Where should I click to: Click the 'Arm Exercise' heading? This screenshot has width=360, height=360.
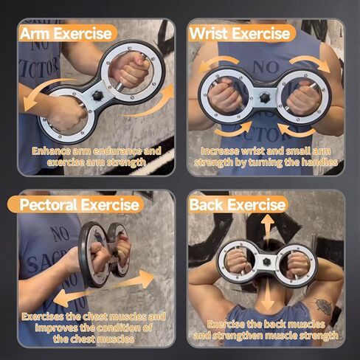[x=66, y=32]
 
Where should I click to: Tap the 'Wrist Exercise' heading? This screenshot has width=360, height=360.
[x=240, y=32]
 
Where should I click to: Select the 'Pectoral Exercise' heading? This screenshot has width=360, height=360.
[x=79, y=204]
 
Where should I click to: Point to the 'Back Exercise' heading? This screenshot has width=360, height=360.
[x=238, y=204]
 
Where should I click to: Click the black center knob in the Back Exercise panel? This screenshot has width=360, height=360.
[x=266, y=263]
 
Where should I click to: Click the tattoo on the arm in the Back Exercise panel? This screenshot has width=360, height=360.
[x=322, y=306]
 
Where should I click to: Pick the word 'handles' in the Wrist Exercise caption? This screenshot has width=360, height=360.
[x=319, y=162]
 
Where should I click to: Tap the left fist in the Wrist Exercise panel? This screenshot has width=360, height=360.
[x=224, y=95]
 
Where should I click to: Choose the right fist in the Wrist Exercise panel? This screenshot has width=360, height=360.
[x=305, y=97]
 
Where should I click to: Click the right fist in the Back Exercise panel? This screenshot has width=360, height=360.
[x=297, y=263]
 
